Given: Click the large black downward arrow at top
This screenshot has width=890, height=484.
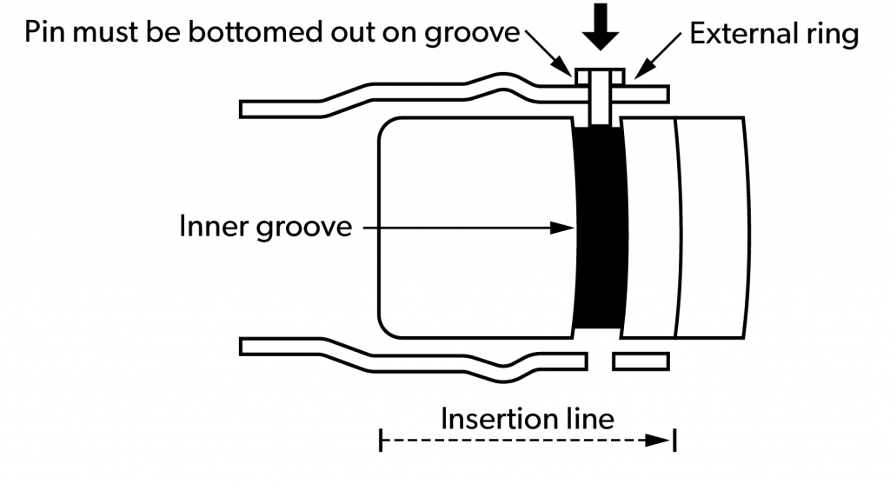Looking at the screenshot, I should (601, 26).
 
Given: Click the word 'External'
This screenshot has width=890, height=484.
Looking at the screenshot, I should (745, 35).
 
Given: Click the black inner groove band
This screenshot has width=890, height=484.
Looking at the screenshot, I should (600, 228).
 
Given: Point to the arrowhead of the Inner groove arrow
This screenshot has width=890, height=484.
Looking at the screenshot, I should (565, 229).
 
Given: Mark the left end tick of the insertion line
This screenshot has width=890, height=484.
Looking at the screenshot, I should (381, 441).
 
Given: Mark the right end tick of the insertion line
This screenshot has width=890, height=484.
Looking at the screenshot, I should (675, 441).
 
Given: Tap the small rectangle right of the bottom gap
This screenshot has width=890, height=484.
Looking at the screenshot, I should (641, 359).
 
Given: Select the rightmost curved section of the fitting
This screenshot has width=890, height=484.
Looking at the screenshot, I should (710, 228).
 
